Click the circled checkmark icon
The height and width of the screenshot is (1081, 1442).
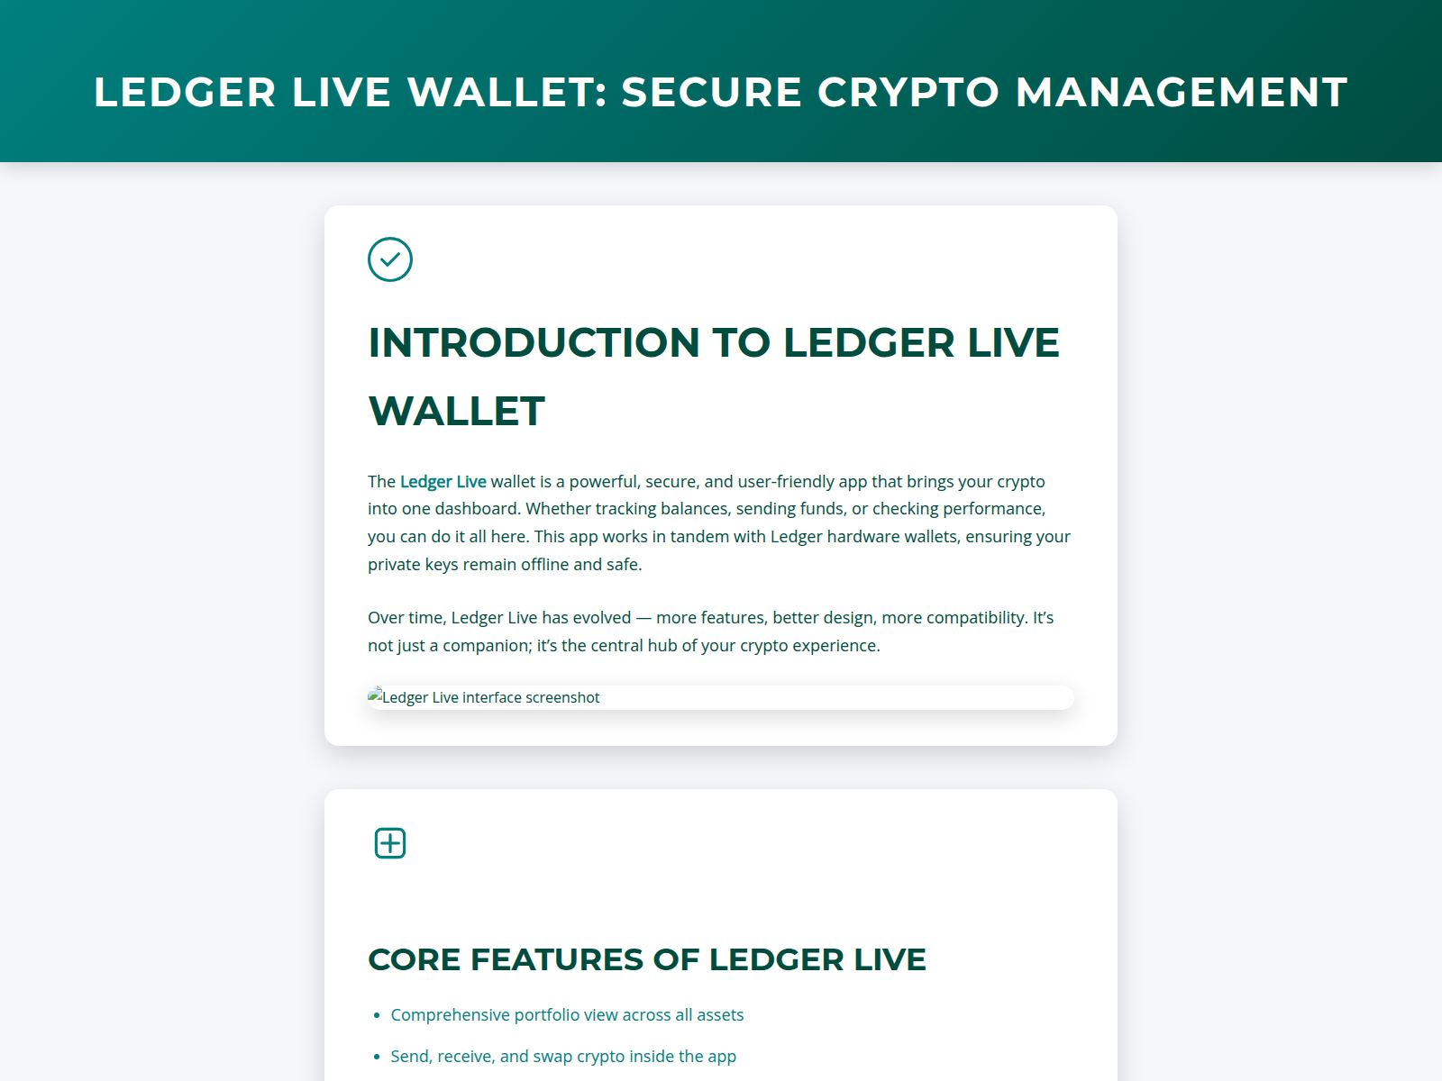pyautogui.click(x=390, y=259)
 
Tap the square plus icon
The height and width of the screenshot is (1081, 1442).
pyautogui.click(x=390, y=843)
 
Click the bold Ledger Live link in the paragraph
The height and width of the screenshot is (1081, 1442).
pyautogui.click(x=443, y=482)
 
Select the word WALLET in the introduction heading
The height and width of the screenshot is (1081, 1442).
pyautogui.click(x=456, y=412)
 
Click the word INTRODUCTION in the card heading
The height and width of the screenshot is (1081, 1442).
pyautogui.click(x=534, y=343)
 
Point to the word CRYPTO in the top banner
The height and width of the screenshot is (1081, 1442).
pyautogui.click(x=908, y=92)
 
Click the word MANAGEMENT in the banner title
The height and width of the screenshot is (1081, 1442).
pyautogui.click(x=1181, y=92)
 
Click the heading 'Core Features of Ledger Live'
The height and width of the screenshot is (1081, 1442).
pyautogui.click(x=646, y=959)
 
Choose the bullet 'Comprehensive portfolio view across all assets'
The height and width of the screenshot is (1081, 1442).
pyautogui.click(x=567, y=1015)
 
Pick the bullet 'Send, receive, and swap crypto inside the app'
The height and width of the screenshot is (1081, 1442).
pyautogui.click(x=563, y=1057)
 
